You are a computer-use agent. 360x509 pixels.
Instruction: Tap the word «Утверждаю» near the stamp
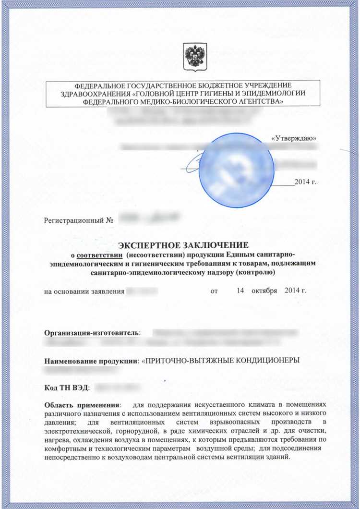(x=293, y=138)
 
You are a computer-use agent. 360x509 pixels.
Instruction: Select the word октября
(x=265, y=291)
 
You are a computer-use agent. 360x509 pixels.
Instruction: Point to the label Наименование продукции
(x=90, y=361)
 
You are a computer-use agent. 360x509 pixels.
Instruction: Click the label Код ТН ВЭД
(x=65, y=388)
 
